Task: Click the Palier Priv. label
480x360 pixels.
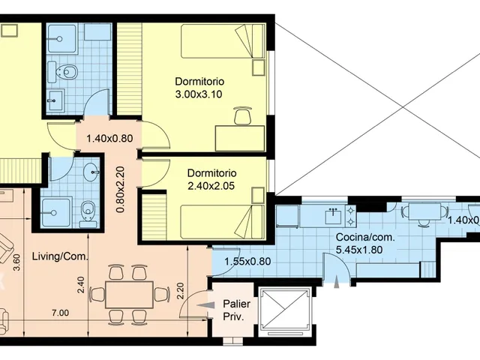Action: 236,310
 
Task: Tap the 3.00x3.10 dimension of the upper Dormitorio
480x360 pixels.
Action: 199,94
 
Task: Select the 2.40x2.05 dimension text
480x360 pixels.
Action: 211,186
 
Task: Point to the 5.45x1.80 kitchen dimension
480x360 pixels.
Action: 359,250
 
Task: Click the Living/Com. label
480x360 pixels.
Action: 60,256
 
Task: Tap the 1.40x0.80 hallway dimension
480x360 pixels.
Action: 109,139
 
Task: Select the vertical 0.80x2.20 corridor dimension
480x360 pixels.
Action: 120,190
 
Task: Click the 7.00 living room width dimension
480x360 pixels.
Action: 60,313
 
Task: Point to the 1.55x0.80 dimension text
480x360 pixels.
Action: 247,262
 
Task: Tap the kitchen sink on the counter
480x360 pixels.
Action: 333,215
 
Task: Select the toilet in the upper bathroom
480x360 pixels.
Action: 67,72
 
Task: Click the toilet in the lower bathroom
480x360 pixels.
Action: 88,211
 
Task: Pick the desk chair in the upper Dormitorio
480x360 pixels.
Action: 243,115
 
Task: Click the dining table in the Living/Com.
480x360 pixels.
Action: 129,295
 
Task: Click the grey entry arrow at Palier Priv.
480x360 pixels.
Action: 203,305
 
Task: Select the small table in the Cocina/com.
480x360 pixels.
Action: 424,211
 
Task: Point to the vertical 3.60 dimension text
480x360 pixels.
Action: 17,263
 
